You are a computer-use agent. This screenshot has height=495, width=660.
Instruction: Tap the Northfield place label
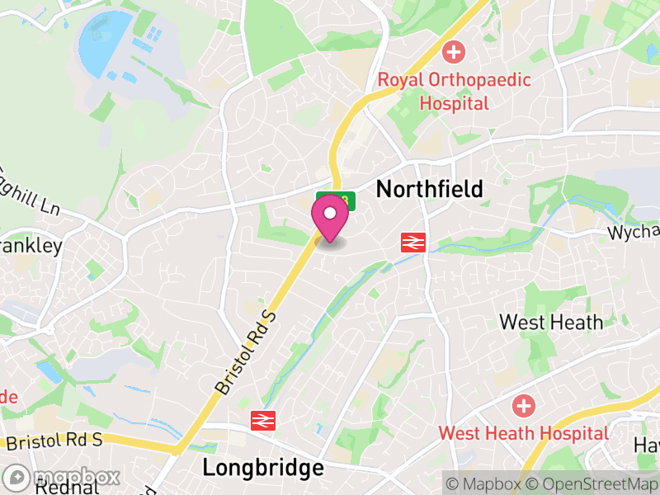pyautogui.click(x=429, y=190)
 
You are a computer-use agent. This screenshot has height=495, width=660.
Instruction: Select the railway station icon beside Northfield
pyautogui.click(x=412, y=243)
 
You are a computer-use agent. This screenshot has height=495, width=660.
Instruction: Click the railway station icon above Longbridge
pyautogui.click(x=262, y=420)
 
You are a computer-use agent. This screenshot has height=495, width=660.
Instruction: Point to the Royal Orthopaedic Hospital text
pyautogui.click(x=454, y=92)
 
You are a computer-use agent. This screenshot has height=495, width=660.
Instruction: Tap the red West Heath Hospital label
pyautogui.click(x=523, y=433)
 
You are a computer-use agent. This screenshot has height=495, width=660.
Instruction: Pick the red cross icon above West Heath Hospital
pyautogui.click(x=523, y=406)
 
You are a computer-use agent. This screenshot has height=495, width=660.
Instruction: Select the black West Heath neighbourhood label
pyautogui.click(x=551, y=322)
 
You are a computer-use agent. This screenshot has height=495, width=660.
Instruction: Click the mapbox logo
pyautogui.click(x=62, y=478)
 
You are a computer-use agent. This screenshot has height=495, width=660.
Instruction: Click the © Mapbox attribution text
pyautogui.click(x=487, y=482)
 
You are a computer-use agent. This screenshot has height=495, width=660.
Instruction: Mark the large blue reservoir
pyautogui.click(x=104, y=41)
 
